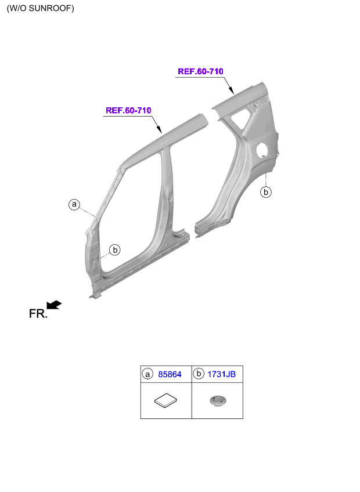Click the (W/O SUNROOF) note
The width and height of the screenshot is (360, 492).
point(40,8)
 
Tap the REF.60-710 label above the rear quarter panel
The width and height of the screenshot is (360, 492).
point(200,71)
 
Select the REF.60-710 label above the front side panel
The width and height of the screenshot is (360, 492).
point(128,110)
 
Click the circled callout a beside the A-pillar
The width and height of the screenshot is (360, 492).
point(74,205)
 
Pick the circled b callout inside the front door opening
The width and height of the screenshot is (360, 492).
point(115,249)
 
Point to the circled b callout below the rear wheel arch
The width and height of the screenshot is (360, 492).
point(266,191)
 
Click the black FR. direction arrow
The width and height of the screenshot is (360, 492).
point(54,305)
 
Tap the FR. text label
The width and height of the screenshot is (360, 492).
point(38,314)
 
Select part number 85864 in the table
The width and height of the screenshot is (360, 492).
point(170,374)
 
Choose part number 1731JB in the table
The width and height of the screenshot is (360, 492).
point(221,374)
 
